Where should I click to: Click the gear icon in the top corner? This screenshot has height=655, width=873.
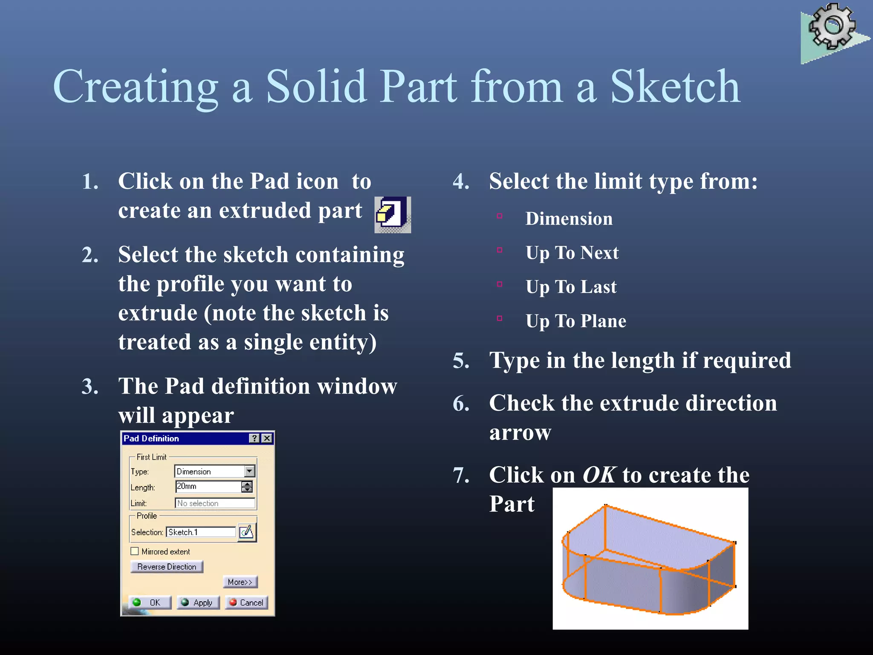click(x=832, y=26)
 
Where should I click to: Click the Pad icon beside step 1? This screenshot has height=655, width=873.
click(x=392, y=214)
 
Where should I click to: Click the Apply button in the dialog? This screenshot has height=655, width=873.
click(x=198, y=603)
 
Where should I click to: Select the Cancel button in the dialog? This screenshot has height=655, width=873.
click(x=246, y=603)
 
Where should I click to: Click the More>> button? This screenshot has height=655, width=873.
click(x=240, y=582)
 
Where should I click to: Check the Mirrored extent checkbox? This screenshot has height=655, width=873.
click(x=135, y=551)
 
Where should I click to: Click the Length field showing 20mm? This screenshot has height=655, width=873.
click(x=208, y=487)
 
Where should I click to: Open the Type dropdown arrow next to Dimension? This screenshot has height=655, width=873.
click(x=250, y=471)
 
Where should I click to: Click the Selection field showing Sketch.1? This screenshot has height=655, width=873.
click(x=201, y=532)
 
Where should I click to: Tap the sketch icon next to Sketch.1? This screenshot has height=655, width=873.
click(x=247, y=532)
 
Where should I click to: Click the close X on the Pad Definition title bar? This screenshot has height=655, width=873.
click(x=267, y=438)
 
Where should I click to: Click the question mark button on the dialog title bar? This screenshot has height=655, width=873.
click(x=254, y=438)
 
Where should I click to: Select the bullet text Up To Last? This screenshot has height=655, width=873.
click(x=571, y=287)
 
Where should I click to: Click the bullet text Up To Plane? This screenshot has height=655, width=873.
click(x=575, y=321)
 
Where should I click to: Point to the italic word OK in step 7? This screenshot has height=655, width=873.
click(x=599, y=475)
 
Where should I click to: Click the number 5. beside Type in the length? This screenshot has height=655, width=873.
click(x=461, y=361)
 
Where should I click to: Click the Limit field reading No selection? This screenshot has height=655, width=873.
click(x=215, y=503)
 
